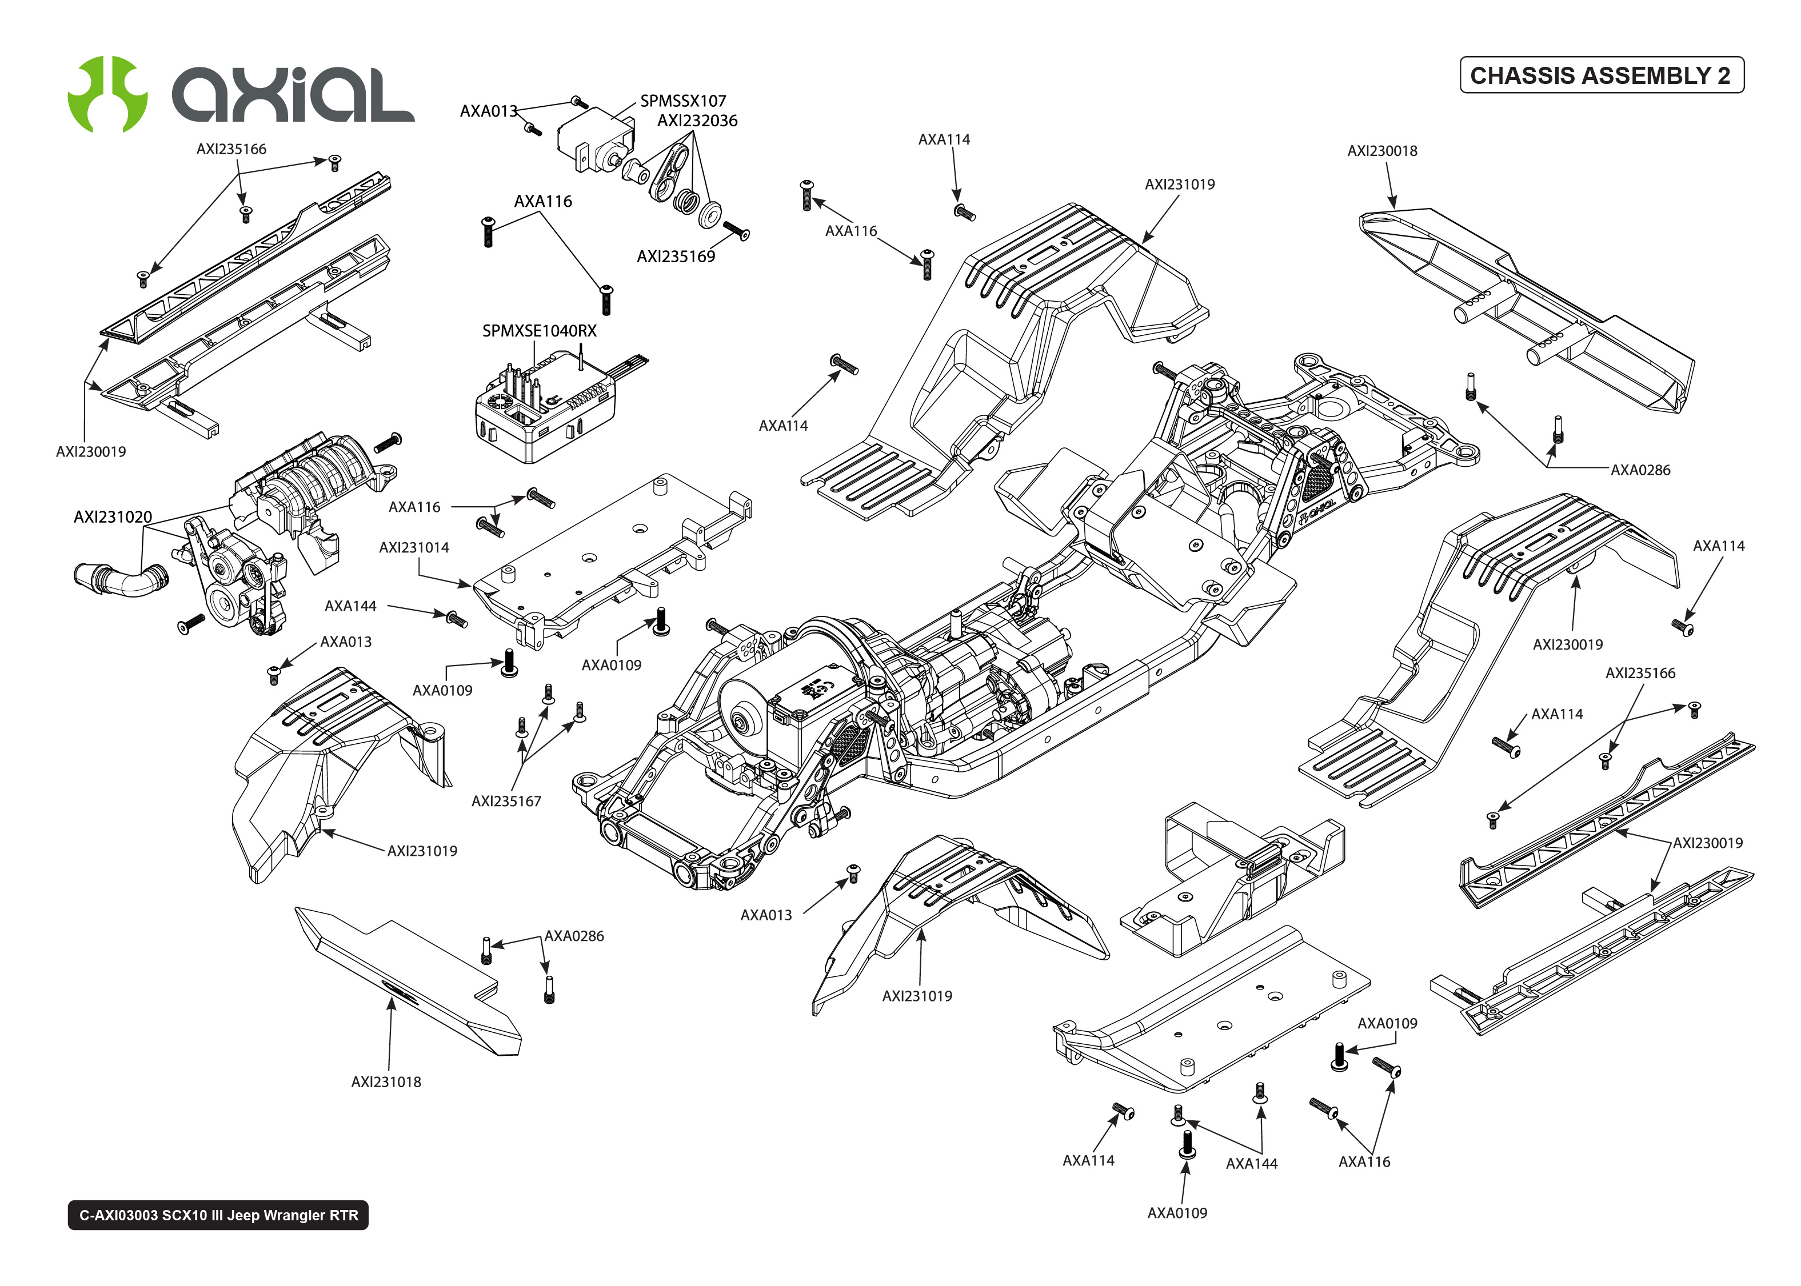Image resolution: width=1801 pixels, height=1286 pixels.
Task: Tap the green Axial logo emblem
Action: tap(107, 94)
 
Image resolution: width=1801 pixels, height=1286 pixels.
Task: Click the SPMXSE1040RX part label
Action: tap(540, 331)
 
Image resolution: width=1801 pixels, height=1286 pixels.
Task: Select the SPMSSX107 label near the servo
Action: tap(682, 101)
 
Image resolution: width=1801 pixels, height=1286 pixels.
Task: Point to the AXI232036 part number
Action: tap(697, 121)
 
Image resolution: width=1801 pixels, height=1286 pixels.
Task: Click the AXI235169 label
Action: tap(676, 257)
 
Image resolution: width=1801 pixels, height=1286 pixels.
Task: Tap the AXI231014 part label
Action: tap(413, 547)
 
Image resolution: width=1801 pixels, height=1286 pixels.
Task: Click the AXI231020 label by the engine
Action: tap(113, 517)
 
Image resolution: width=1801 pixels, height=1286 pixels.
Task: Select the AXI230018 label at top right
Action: tap(1381, 150)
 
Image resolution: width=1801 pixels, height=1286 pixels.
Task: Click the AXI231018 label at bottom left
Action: tap(386, 1081)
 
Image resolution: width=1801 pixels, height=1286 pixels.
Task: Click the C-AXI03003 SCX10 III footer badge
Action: tap(218, 1215)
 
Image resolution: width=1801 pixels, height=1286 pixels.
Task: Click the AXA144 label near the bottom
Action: tap(1251, 1163)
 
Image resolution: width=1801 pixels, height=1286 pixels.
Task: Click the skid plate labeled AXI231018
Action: tap(408, 982)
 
